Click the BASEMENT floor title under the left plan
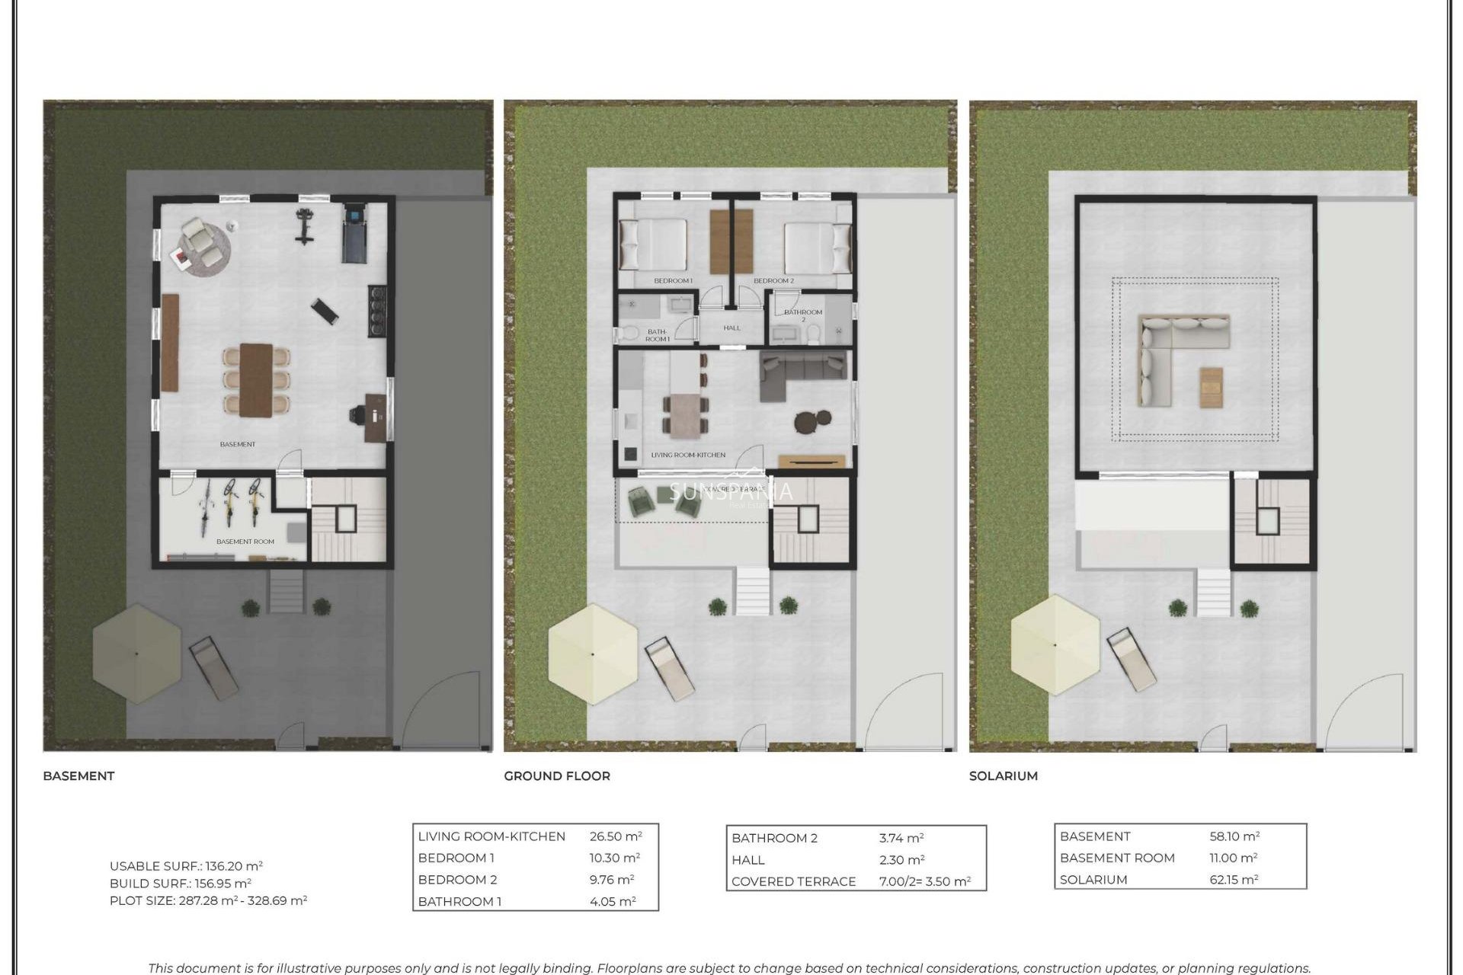[x=78, y=775]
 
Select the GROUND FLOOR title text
[x=557, y=775]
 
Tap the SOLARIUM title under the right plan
[x=1003, y=775]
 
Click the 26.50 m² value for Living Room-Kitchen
[x=615, y=836]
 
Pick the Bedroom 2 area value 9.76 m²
[x=611, y=879]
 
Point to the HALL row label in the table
[x=748, y=859]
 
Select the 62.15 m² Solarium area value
[x=1234, y=879]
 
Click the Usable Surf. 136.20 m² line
[x=186, y=865]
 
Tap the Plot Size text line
[x=208, y=900]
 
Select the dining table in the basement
[x=256, y=379]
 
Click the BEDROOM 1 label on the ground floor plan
[x=673, y=280]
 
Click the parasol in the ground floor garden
[x=593, y=654]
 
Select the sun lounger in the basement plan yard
[x=213, y=668]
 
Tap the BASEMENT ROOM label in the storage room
[x=245, y=542]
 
